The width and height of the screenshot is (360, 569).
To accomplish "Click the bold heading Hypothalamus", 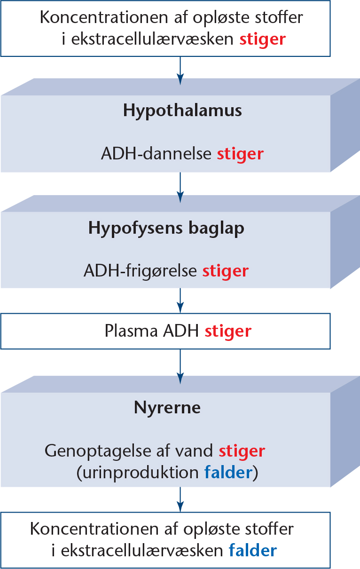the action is point(182,111).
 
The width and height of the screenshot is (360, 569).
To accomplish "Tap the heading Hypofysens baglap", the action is point(166,229).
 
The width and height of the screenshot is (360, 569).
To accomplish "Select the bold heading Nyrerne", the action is point(167,408).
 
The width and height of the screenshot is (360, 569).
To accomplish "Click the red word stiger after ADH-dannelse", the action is point(240,154).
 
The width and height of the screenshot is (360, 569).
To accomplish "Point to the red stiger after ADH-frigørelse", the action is point(226,271).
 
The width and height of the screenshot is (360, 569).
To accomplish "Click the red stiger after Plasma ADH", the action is point(228,332).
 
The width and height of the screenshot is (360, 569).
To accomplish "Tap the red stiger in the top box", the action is point(263,40).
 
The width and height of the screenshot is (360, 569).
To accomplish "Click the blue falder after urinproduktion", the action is point(228,473).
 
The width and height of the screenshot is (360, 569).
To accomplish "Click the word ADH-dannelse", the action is point(156,154).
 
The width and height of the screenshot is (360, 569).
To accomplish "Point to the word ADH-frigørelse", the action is point(140,271).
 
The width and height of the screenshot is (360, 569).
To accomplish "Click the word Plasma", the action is point(131,331).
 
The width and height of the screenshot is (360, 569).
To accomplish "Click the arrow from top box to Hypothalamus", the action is point(180,71).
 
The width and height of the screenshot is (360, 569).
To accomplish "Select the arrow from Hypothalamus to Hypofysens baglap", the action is point(180,188).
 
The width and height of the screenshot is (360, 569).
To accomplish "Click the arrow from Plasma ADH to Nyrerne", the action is point(180,366).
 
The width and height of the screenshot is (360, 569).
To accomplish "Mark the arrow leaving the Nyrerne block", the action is point(180,499).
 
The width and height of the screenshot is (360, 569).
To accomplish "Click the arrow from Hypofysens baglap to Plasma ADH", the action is point(180,300).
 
